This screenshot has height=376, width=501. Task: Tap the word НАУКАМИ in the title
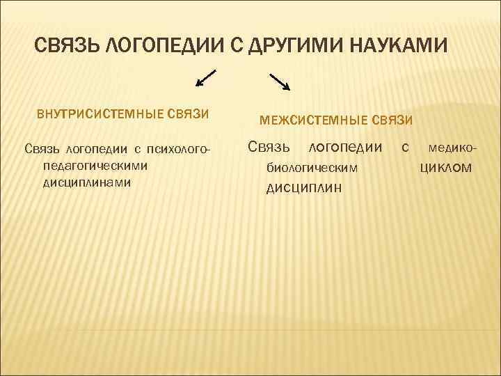click(x=395, y=47)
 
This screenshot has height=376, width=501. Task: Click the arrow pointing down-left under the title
click(x=205, y=77)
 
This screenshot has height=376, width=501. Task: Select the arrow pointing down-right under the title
click(x=280, y=81)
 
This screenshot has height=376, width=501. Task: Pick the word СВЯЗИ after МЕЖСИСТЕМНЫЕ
click(x=395, y=120)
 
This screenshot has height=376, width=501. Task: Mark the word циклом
click(x=446, y=167)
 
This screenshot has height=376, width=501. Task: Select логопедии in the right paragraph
click(x=345, y=147)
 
